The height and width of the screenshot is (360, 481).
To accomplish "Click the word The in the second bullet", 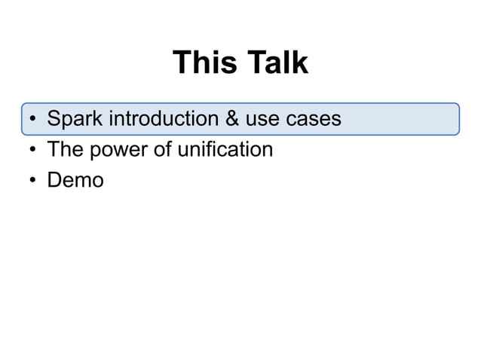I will [65, 150].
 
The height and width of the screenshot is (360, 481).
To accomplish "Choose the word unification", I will [225, 150].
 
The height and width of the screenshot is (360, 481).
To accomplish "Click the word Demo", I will [75, 181].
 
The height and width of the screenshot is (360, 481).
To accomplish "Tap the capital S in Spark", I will [54, 119].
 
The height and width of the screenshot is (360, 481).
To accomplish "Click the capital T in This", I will [182, 63].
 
